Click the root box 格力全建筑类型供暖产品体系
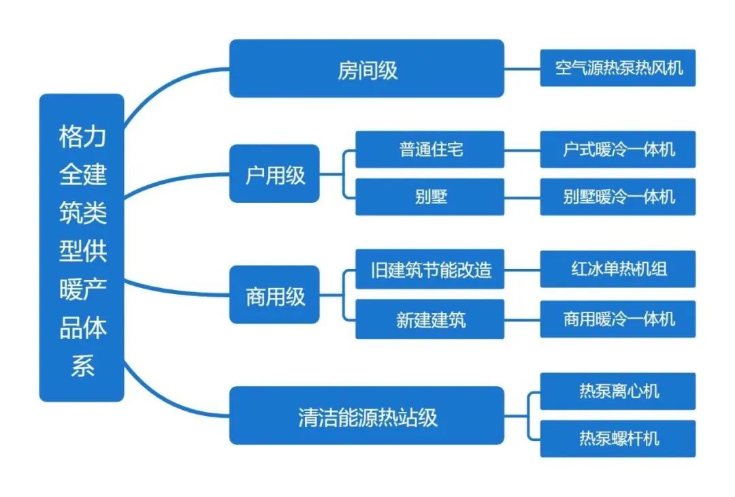point(82,247)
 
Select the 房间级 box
point(366,68)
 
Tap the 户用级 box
point(274,174)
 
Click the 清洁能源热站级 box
point(366,415)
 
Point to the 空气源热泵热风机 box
point(617,68)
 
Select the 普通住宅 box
point(429,149)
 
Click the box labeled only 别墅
point(429,197)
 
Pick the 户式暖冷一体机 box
point(617,149)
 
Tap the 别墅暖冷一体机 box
point(617,197)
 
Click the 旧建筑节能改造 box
point(429,269)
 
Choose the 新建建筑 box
point(429,319)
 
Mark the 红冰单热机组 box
point(617,269)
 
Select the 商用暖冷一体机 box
point(617,319)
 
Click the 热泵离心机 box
point(617,391)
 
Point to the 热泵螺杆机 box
point(617,438)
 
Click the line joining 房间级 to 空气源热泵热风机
point(522,68)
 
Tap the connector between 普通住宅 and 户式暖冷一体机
point(522,149)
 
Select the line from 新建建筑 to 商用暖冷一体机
point(522,319)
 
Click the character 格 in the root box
point(71,138)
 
